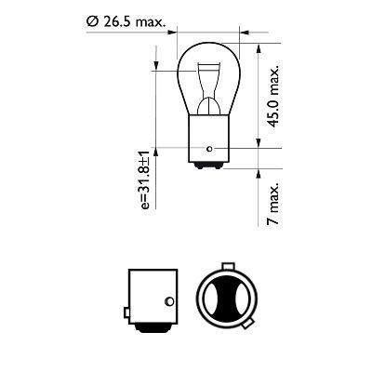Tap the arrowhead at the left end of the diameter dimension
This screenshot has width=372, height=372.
pos(178,32)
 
